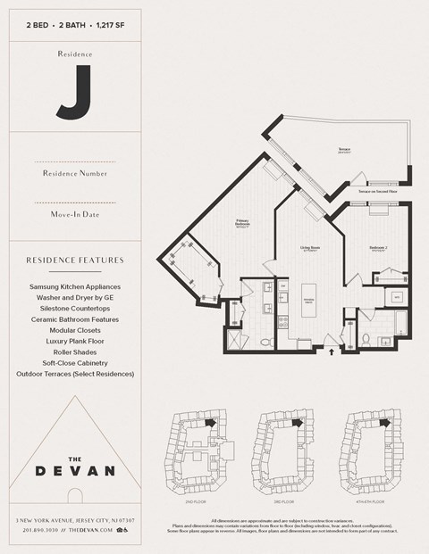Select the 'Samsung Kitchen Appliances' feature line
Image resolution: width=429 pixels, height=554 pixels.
point(76,286)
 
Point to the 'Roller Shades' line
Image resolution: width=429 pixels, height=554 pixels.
point(76,351)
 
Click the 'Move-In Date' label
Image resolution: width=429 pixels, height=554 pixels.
point(76,214)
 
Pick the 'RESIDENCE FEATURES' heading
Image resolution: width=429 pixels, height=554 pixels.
point(76,260)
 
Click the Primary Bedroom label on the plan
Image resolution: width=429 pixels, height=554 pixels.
point(242,222)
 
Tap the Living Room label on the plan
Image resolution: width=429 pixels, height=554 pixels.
point(310,250)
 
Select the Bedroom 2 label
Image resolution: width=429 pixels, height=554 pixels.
point(378,248)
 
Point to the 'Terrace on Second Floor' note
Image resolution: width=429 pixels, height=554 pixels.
point(378,192)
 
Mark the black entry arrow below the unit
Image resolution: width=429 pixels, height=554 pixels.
point(333,351)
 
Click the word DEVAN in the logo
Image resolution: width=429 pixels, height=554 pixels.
point(76,470)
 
